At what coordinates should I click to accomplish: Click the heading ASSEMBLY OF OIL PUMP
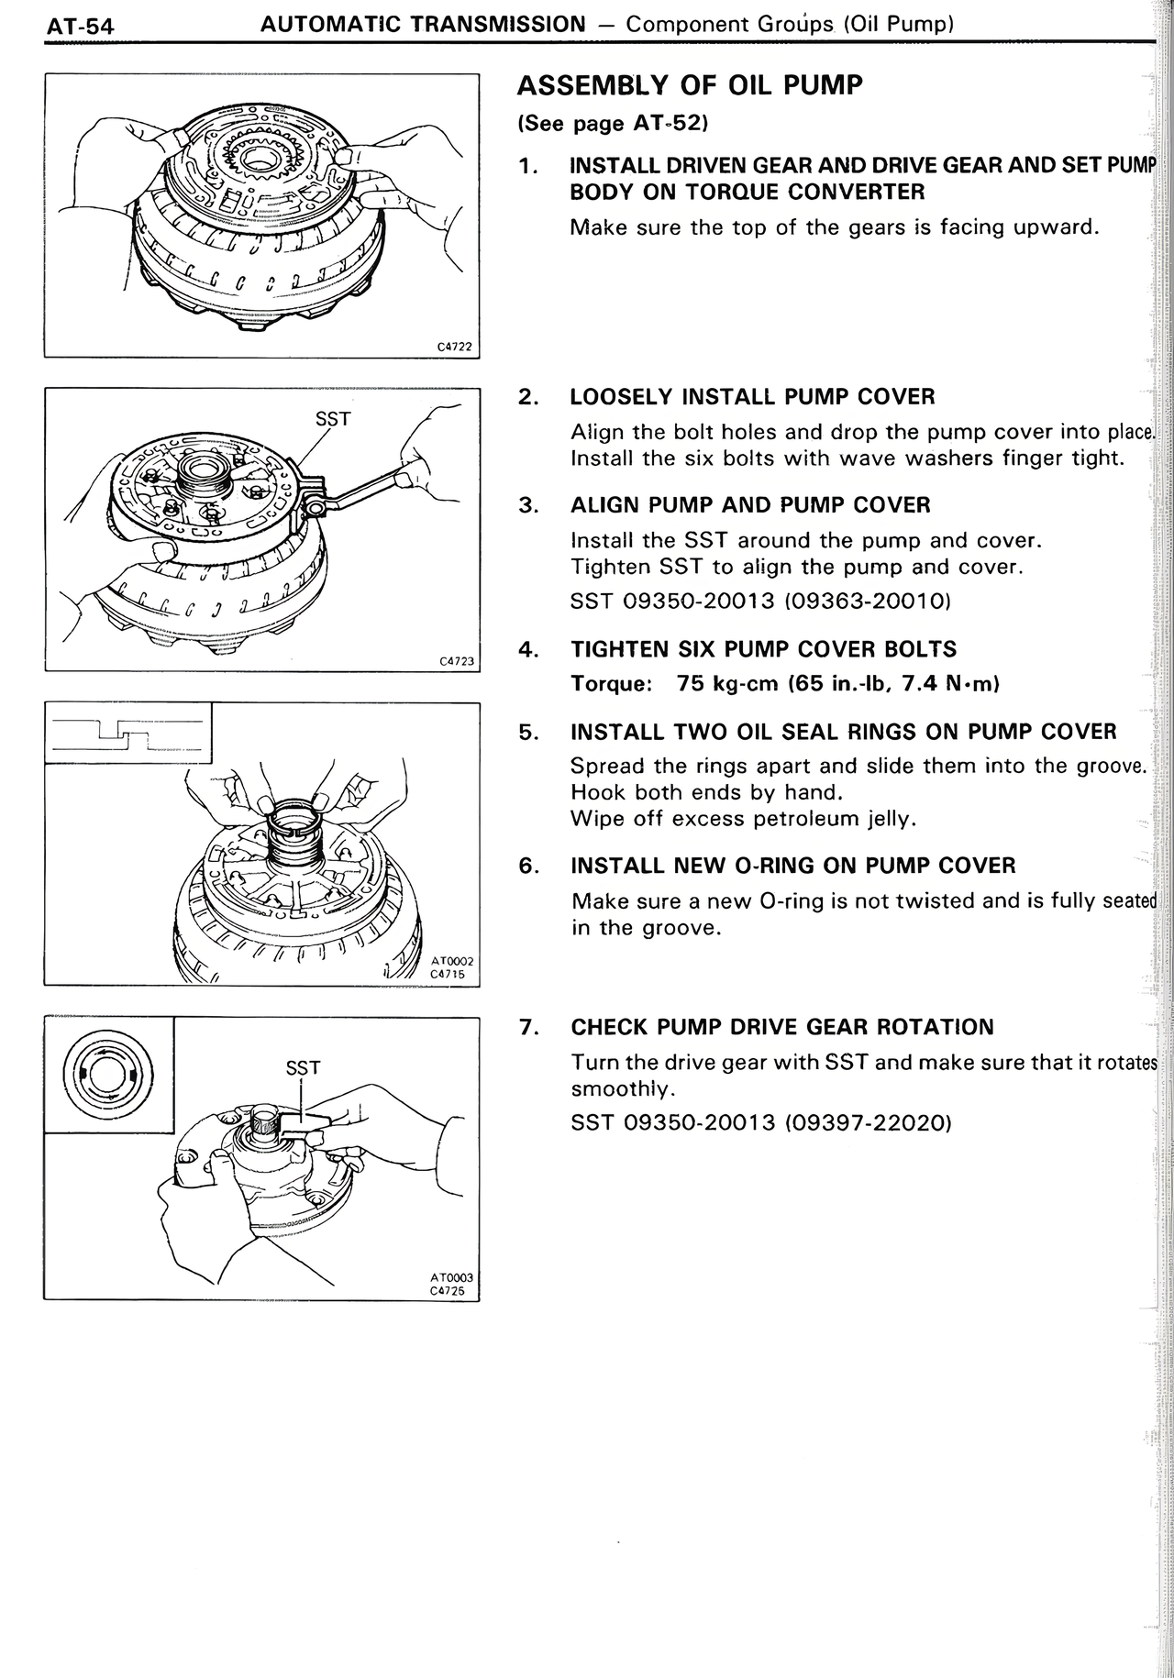click(x=690, y=86)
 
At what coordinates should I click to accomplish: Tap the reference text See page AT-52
click(x=613, y=123)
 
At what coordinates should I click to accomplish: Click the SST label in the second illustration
click(x=332, y=419)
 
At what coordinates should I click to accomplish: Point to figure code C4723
click(x=456, y=660)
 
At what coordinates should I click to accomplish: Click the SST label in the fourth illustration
click(x=303, y=1068)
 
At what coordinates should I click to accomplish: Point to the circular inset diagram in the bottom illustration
click(x=108, y=1074)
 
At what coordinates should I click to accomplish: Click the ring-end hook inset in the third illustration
click(x=127, y=733)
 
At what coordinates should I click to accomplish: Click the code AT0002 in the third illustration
click(x=451, y=961)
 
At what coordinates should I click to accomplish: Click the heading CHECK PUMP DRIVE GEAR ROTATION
click(x=781, y=1027)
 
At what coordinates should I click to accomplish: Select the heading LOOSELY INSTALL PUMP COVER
click(x=752, y=397)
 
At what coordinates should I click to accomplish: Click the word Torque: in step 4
click(x=611, y=684)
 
